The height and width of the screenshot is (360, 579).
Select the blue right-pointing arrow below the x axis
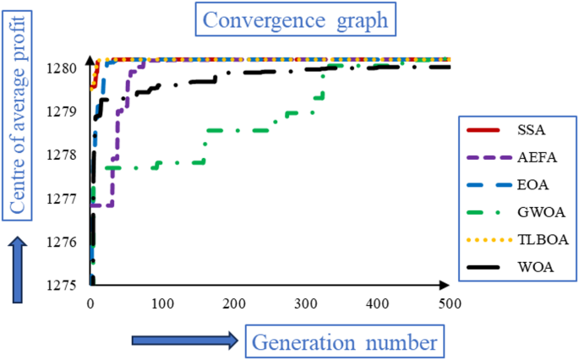pyautogui.click(x=184, y=341)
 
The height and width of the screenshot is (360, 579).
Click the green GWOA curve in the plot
pyautogui.click(x=228, y=130)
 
